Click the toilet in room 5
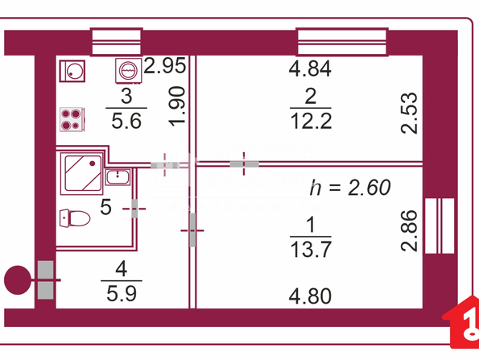[75, 218]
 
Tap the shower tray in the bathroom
[81, 173]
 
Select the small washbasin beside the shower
[118, 177]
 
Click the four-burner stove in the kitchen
[72, 119]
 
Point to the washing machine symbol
[129, 70]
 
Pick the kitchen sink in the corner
[72, 71]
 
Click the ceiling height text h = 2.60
[350, 188]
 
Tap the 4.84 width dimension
[310, 68]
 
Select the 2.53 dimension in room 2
[409, 113]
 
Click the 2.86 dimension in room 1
[409, 230]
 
